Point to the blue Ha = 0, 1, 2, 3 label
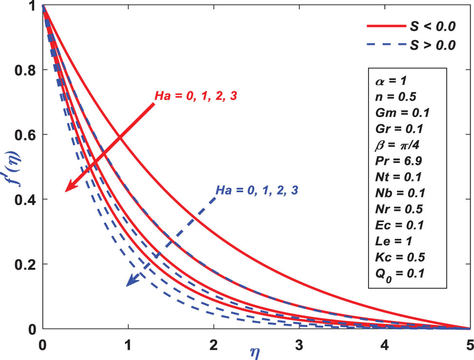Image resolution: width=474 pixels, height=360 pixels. tap(256, 189)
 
